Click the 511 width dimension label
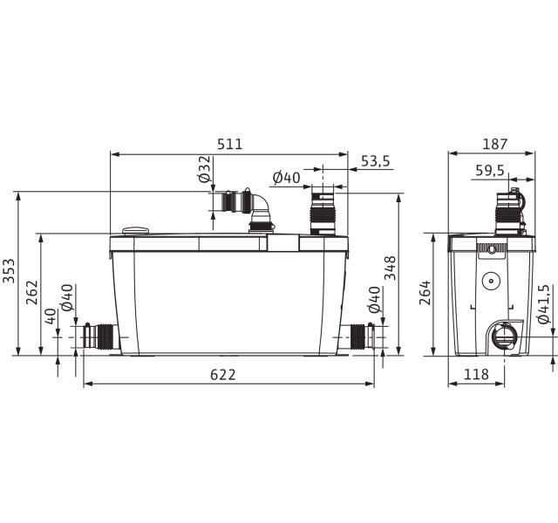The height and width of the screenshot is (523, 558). pyautogui.click(x=229, y=144)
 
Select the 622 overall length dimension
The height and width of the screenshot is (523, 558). pyautogui.click(x=223, y=375)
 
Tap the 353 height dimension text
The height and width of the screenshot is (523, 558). pyautogui.click(x=9, y=271)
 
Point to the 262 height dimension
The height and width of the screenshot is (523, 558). pyautogui.click(x=32, y=293)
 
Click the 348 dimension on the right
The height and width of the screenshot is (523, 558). pyautogui.click(x=391, y=268)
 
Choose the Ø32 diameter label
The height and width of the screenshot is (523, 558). pyautogui.click(x=206, y=169)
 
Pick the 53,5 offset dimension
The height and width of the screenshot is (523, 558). pyautogui.click(x=376, y=161)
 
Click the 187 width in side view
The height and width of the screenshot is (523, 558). pyautogui.click(x=494, y=144)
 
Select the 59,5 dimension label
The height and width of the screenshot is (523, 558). pyautogui.click(x=490, y=171)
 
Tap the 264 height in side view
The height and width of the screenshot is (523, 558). pyautogui.click(x=425, y=293)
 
